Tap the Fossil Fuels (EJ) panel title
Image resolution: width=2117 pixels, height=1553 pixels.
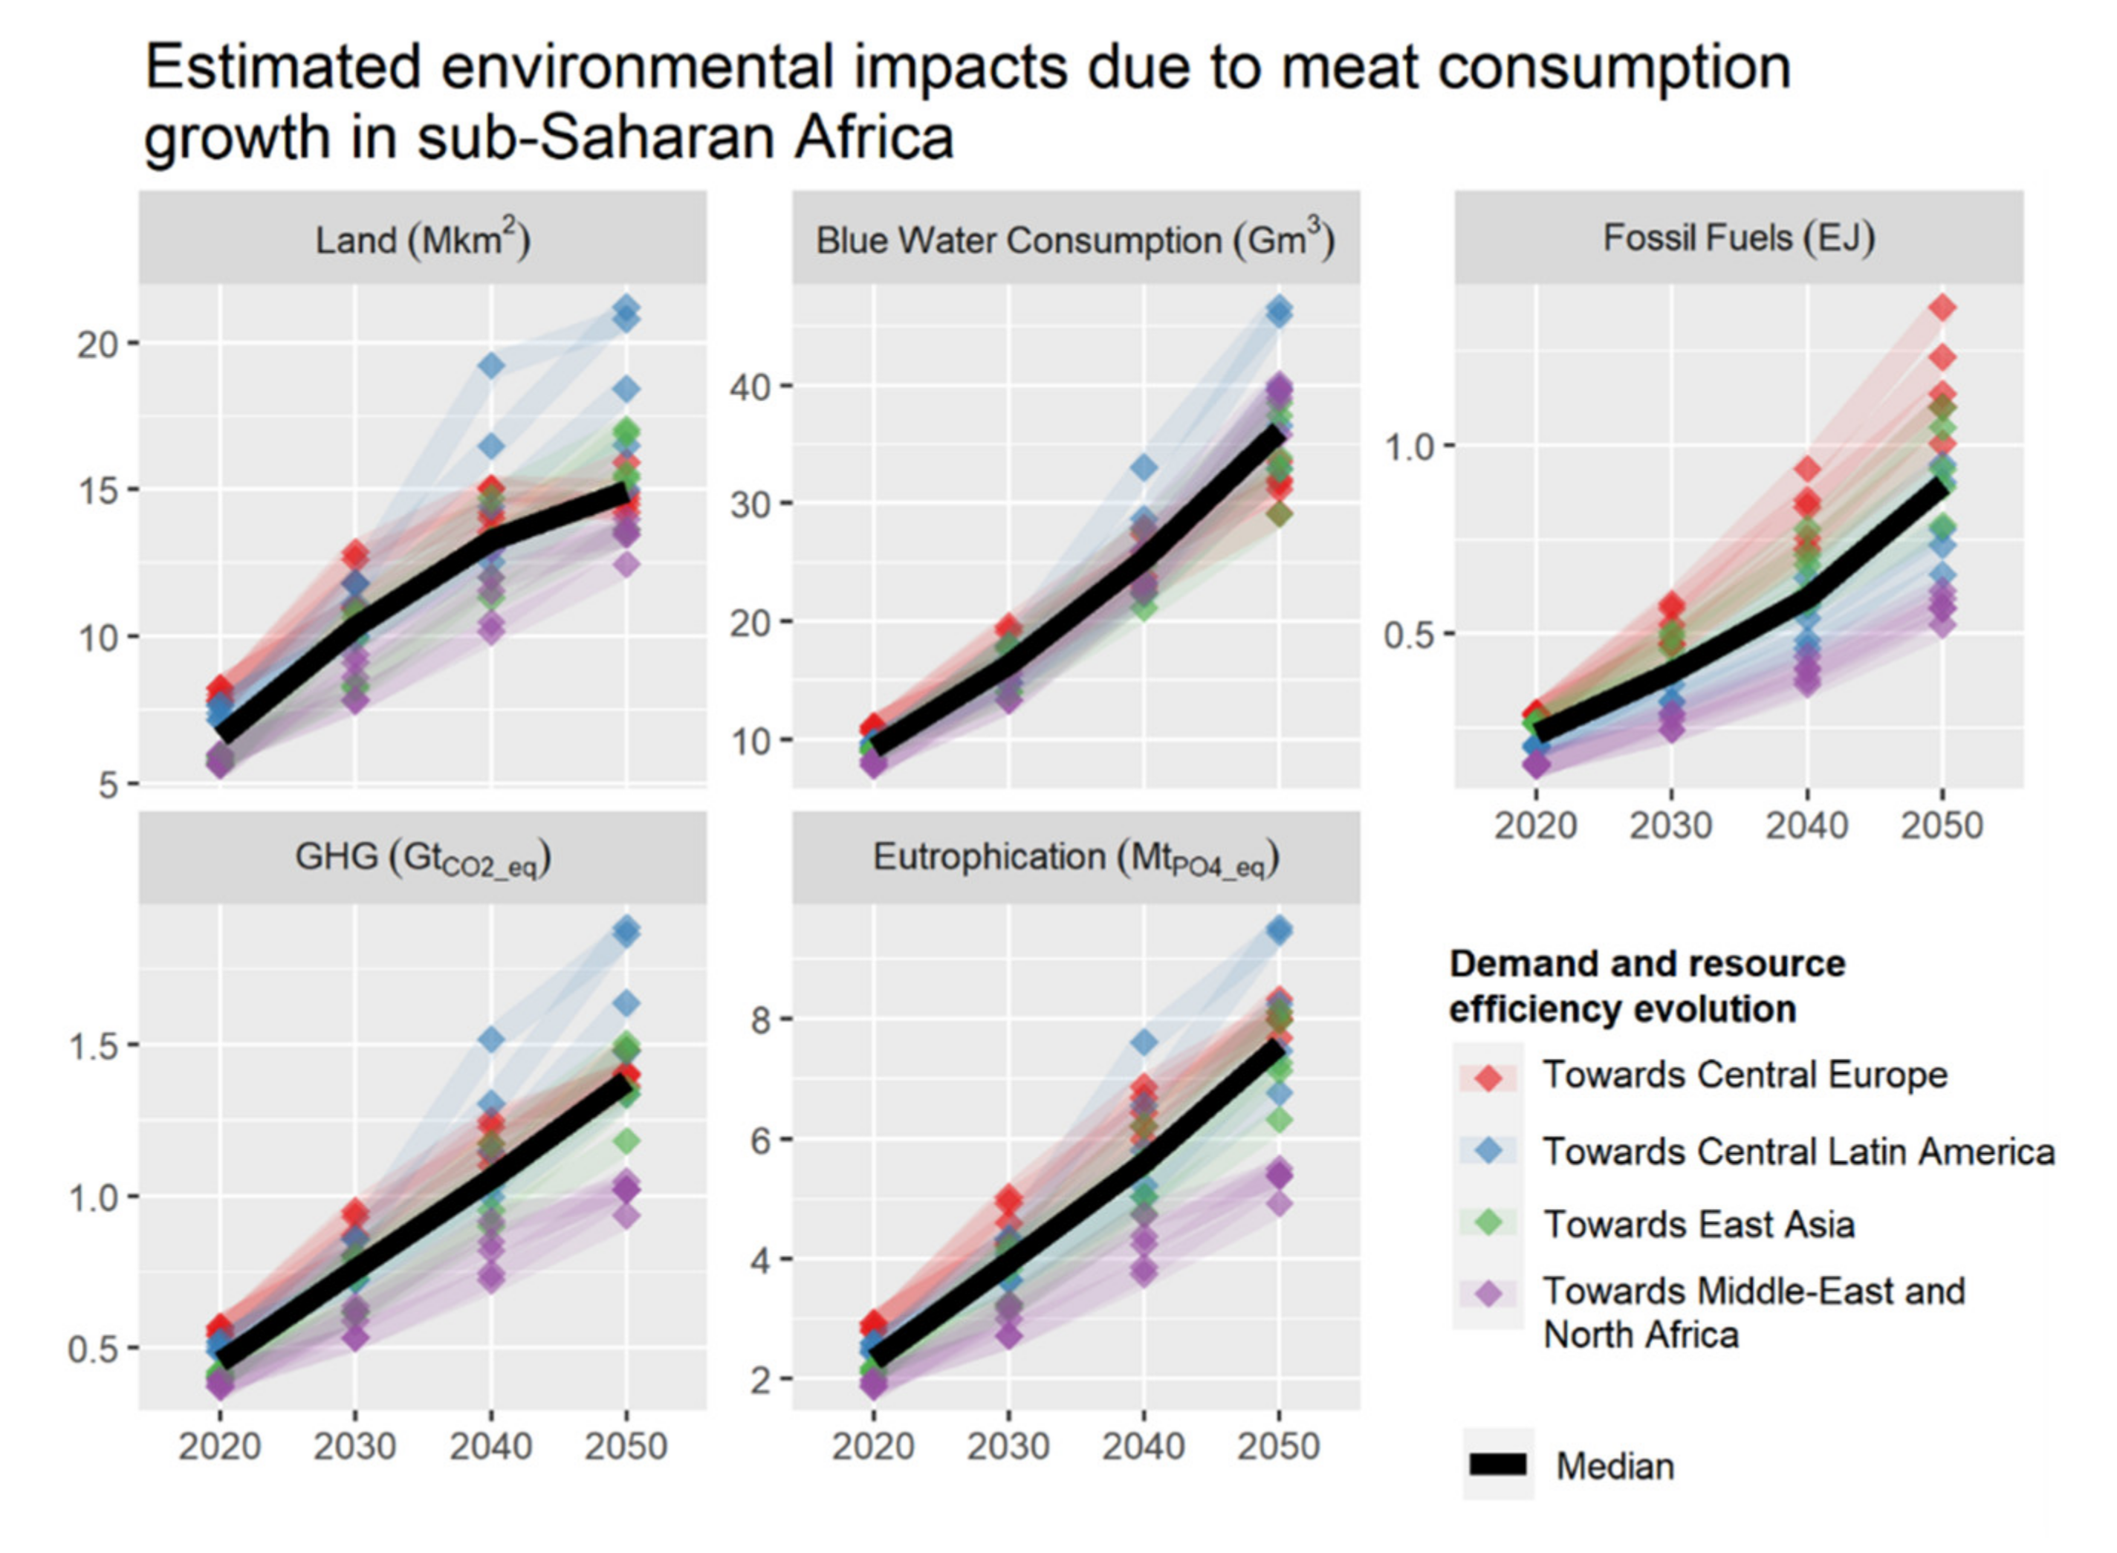click(1738, 237)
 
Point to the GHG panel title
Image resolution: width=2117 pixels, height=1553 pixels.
click(422, 857)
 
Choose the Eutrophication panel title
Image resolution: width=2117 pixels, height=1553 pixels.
click(1075, 857)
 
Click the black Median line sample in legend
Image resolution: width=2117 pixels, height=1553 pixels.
click(1497, 1464)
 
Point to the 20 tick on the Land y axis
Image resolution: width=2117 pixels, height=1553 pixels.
click(99, 344)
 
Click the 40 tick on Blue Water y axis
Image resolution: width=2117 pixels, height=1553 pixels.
click(751, 386)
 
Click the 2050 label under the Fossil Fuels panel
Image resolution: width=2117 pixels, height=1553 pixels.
click(1942, 826)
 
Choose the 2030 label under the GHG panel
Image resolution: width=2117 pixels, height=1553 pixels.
click(354, 1446)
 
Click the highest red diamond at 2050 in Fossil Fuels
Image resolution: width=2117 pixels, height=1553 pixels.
click(1942, 308)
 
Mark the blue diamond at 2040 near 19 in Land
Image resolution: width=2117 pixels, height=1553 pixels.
click(490, 366)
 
